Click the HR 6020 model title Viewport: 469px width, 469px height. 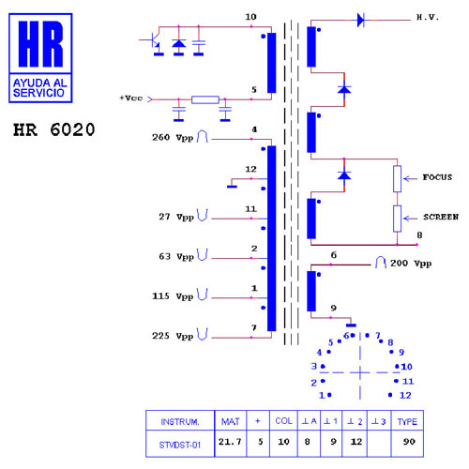coord(53,129)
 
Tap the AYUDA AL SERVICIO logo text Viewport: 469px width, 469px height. coord(40,88)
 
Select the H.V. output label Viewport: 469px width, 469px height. coord(428,18)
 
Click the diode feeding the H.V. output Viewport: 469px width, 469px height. coord(360,20)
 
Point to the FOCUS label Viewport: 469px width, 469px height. coord(437,177)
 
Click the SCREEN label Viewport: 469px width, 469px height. coord(441,217)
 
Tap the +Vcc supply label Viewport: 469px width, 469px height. coord(131,98)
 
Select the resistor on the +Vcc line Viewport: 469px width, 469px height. coord(205,99)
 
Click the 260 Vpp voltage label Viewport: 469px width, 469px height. coord(173,138)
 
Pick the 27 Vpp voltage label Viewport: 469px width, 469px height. coord(176,217)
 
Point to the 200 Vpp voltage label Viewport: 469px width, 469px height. coord(411,264)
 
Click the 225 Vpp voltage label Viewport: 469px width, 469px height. coord(173,336)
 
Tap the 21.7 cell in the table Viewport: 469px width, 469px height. coord(230,442)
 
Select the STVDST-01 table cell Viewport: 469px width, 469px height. coord(180,445)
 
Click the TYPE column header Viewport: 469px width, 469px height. coord(407,422)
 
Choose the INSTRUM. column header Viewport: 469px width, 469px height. coord(180,422)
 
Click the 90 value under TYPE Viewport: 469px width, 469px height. coord(409,442)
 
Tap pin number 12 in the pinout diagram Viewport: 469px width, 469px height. coord(405,395)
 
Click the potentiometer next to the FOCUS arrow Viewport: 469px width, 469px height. coord(397,178)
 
